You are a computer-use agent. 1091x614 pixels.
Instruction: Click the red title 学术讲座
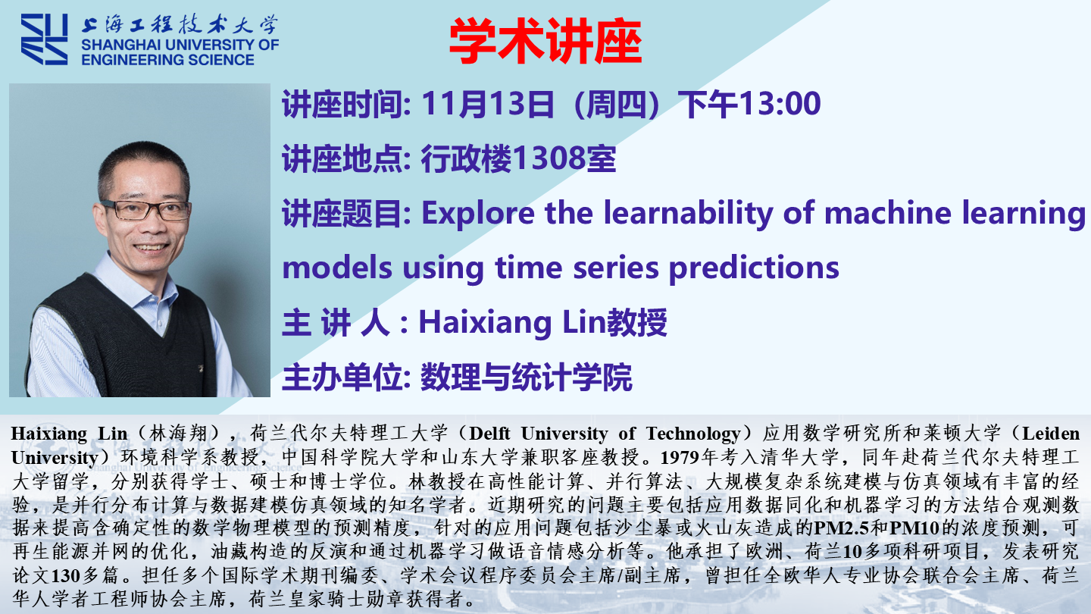click(x=545, y=41)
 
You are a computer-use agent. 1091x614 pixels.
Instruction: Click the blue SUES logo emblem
click(x=44, y=39)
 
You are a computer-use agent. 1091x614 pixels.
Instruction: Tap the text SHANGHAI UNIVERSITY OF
click(x=180, y=45)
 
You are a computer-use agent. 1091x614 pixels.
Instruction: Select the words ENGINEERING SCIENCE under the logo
click(x=167, y=59)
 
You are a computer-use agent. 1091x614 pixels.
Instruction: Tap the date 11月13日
click(x=488, y=103)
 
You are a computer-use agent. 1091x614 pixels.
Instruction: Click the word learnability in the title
click(x=688, y=214)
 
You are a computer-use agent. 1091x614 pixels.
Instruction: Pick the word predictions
click(x=754, y=268)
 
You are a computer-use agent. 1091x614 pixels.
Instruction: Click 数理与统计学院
click(x=527, y=377)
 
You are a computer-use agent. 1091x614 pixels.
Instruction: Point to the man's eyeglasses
click(x=145, y=209)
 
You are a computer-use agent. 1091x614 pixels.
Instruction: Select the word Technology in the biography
click(x=693, y=434)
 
